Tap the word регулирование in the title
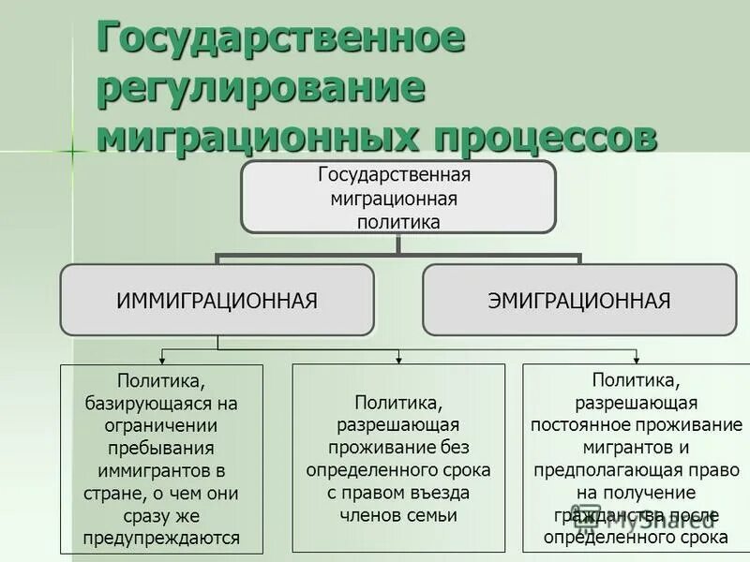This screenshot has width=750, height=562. [x=262, y=89]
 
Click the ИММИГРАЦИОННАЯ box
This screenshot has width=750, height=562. [x=217, y=300]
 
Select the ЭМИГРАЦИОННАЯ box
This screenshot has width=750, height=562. [x=579, y=300]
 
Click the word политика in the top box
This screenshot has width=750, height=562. [x=398, y=222]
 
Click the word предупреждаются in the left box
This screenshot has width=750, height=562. [x=161, y=538]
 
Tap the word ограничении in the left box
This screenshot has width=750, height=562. [x=161, y=426]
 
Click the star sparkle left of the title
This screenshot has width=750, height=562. [x=72, y=151]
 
